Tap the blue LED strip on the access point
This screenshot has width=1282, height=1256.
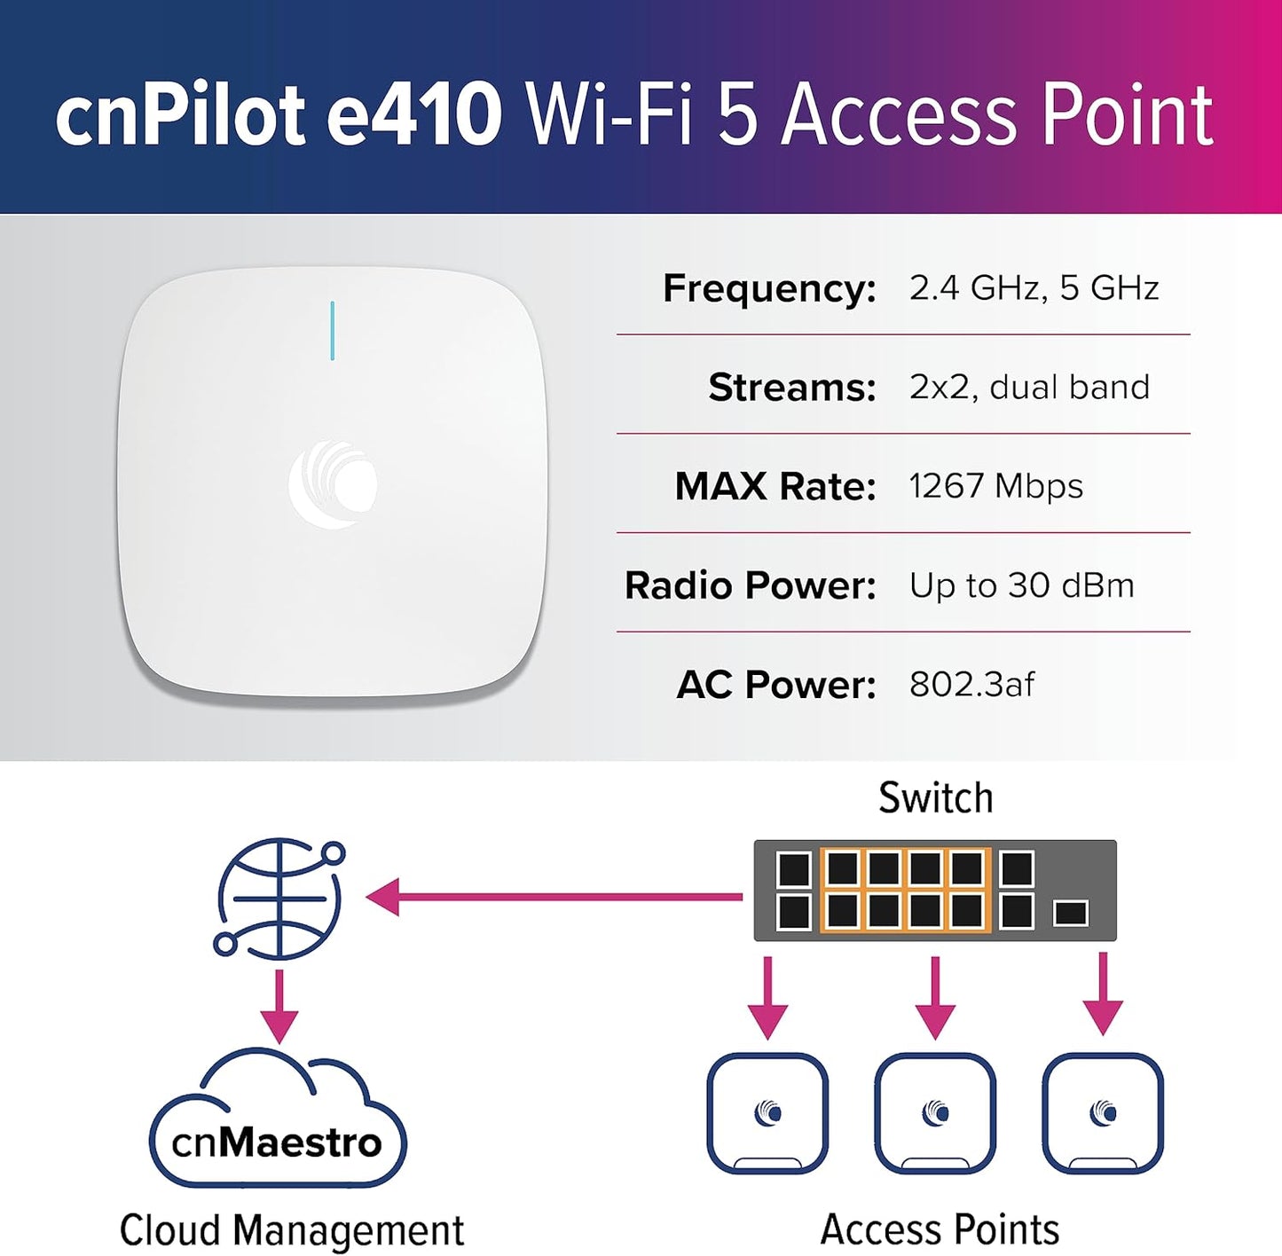333,331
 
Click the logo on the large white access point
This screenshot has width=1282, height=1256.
334,483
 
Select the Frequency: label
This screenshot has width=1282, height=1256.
770,289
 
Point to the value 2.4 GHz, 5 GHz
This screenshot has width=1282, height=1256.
1034,288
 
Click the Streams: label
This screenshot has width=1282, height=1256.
792,387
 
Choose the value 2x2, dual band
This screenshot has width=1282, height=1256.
1029,387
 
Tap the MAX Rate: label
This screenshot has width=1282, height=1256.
775,486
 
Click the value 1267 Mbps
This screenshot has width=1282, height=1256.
996,487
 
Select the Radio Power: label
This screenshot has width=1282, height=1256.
751,585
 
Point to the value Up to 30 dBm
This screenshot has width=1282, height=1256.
1022,586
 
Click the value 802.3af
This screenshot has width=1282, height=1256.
972,685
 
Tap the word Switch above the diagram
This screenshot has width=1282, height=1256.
935,797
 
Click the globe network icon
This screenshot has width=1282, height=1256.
279,898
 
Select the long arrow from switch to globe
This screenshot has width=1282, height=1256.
554,897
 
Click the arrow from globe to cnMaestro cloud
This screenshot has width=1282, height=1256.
279,1008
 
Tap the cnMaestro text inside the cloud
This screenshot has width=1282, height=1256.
277,1142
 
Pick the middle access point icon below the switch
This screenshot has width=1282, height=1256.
935,1114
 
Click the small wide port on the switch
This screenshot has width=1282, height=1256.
1071,912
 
